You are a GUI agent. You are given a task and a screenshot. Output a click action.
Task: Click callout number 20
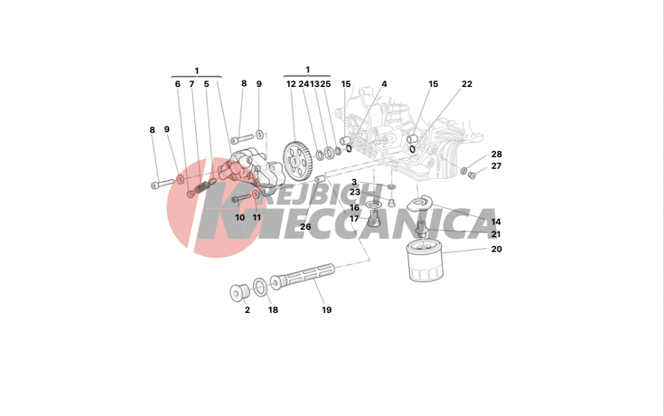tap(496, 249)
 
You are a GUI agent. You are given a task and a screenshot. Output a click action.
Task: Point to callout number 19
tap(326, 310)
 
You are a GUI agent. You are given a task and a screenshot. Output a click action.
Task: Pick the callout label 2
tap(247, 310)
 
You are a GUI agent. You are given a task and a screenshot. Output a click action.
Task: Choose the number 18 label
tap(272, 310)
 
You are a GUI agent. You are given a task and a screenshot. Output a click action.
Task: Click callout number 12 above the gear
tap(291, 84)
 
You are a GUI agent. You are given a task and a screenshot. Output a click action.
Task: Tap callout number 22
tap(467, 84)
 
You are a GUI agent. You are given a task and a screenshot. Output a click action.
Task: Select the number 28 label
tap(496, 154)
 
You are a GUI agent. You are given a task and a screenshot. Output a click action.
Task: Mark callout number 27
tap(496, 166)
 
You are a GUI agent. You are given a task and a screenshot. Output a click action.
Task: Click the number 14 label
tap(496, 222)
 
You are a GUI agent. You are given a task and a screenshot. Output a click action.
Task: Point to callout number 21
tap(496, 235)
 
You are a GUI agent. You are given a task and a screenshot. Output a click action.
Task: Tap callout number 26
tap(305, 227)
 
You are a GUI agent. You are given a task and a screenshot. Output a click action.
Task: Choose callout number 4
tap(384, 84)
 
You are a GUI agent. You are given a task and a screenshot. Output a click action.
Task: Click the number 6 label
tap(177, 84)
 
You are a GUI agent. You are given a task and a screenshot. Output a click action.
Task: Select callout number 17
tap(355, 219)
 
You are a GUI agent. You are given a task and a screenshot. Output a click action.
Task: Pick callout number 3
tap(354, 182)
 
